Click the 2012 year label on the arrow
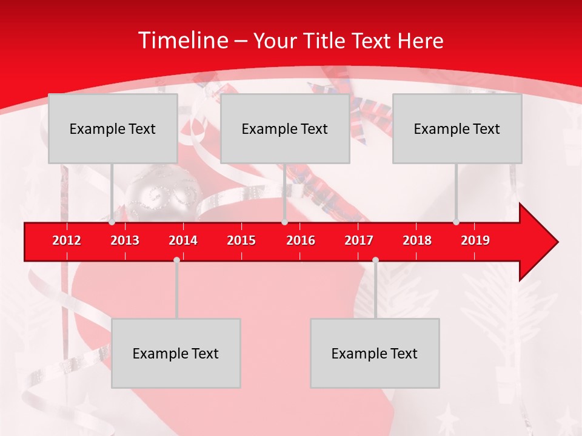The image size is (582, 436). coord(67,240)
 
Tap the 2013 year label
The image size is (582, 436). coord(125,240)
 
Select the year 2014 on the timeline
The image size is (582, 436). coord(183,240)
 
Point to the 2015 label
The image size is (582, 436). coord(241,240)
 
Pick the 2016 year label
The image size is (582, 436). coord(301,240)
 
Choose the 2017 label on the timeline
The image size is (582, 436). coord(359,240)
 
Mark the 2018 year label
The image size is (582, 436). coord(417,240)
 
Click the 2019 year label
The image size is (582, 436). coord(475,240)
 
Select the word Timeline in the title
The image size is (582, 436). coord(182,41)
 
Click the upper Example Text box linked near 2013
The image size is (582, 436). coord(113,128)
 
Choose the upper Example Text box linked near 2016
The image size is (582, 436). coord(285,128)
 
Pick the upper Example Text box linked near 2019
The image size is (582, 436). coord(457,128)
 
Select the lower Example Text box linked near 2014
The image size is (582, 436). coord(176,353)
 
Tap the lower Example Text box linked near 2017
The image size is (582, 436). coord(375,353)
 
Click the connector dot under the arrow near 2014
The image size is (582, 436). coord(176,260)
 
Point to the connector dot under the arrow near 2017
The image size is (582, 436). coord(375,260)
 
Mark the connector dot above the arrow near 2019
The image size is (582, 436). coord(456,222)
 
